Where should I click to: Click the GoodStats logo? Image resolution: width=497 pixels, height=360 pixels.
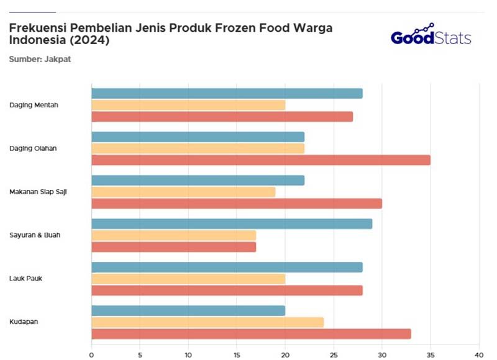click(431, 35)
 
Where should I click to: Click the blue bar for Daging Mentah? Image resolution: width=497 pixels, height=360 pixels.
click(227, 94)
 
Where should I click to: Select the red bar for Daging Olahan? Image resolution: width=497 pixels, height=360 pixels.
click(260, 160)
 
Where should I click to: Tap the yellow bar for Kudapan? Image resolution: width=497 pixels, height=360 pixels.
click(207, 322)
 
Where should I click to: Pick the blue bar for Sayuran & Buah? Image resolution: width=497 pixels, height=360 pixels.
click(232, 223)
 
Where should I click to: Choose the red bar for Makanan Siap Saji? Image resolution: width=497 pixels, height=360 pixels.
click(237, 204)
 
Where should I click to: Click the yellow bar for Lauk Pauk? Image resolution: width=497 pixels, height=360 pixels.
click(188, 279)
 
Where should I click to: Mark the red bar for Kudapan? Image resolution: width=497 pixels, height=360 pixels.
click(251, 334)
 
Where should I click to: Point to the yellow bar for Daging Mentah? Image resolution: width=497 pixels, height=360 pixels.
click(188, 105)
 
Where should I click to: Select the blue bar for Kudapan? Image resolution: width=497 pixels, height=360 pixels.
click(188, 310)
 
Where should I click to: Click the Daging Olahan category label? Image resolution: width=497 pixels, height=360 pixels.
click(33, 148)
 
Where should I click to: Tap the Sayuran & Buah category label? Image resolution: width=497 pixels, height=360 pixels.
click(35, 235)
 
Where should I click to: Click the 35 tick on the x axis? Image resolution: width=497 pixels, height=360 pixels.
click(431, 354)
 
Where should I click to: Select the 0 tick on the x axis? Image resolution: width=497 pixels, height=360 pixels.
click(91, 354)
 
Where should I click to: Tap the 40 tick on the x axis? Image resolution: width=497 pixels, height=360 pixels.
click(478, 354)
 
